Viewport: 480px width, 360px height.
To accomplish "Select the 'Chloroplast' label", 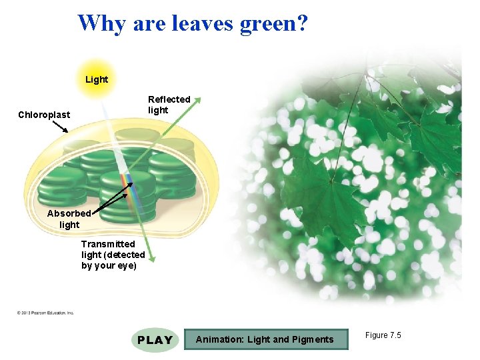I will tap(44, 115).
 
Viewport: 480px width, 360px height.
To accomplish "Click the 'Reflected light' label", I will tap(169, 105).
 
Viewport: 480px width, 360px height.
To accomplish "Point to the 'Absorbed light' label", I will tap(69, 219).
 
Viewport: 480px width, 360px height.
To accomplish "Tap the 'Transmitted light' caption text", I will tap(113, 255).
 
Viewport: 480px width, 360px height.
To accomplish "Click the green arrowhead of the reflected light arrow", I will tap(197, 100).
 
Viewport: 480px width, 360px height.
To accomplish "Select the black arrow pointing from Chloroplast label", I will tap(61, 126).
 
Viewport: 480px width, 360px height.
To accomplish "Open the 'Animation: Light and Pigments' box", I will tap(265, 339).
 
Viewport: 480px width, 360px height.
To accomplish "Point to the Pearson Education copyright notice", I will tap(46, 312).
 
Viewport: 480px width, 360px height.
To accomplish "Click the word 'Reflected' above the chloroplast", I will tap(169, 99).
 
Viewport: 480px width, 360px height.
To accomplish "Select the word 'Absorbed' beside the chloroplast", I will tap(69, 213).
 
